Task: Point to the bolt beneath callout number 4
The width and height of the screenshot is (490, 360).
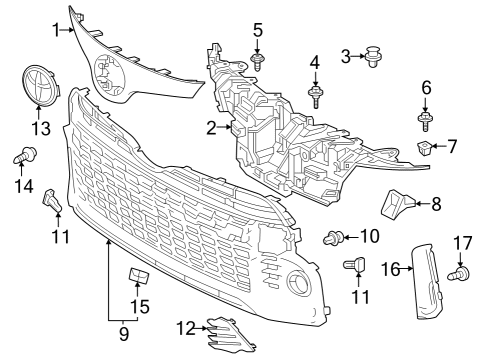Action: [x=315, y=96]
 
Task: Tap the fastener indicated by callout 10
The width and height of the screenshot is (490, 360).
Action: [x=335, y=238]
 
